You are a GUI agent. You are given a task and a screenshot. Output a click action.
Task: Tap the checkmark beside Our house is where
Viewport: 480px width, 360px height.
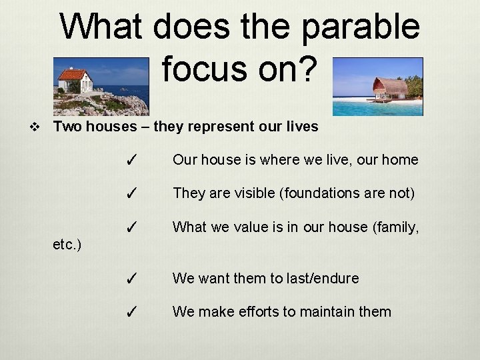click(x=132, y=161)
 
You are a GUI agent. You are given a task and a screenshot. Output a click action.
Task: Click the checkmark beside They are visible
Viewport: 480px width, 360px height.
click(x=132, y=194)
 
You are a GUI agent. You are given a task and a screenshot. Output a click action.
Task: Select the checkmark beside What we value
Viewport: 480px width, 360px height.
click(x=132, y=227)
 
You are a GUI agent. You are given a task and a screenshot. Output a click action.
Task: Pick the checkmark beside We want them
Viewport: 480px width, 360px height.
click(x=132, y=279)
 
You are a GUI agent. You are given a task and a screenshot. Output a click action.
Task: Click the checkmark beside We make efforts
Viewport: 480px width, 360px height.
click(x=132, y=312)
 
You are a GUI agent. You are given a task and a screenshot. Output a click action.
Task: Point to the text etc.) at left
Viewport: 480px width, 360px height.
click(x=67, y=245)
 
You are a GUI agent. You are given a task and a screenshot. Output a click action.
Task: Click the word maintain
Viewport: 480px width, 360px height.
click(x=324, y=311)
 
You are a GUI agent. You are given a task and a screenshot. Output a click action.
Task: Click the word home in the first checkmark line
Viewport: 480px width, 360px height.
click(x=401, y=160)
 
